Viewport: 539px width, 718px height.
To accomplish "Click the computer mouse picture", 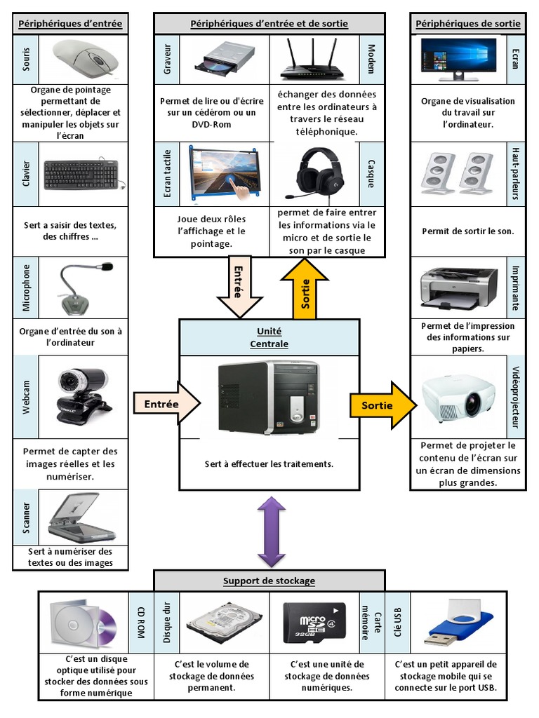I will (86, 58).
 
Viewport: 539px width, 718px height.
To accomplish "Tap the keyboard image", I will (83, 175).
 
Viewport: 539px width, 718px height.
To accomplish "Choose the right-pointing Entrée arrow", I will (167, 404).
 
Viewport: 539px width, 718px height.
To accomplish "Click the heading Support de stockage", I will (269, 581).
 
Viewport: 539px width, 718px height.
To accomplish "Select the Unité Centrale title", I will (269, 337).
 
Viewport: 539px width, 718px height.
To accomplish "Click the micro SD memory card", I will (314, 622).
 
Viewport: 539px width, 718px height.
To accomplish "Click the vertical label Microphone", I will (27, 287).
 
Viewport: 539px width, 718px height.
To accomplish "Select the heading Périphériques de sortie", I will (468, 24).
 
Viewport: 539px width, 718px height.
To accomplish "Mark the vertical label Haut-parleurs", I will (515, 173).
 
